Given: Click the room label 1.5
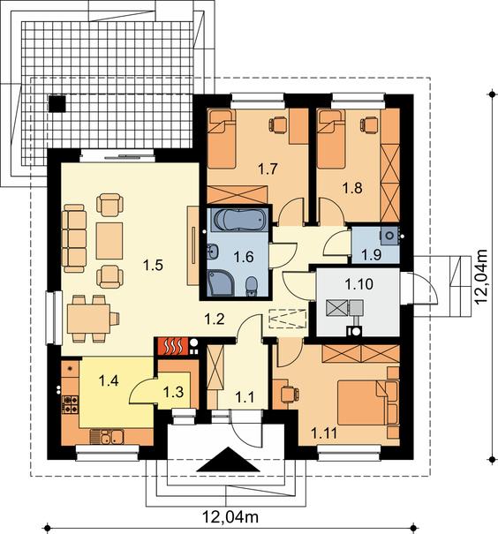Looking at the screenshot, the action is pyautogui.click(x=153, y=265).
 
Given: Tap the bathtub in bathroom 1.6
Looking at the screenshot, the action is pyautogui.click(x=239, y=221).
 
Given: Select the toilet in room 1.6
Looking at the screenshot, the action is pyautogui.click(x=252, y=285).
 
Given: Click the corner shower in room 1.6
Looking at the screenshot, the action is pyautogui.click(x=221, y=282).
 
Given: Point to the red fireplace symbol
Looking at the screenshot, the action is pyautogui.click(x=172, y=346).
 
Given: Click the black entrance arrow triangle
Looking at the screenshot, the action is pyautogui.click(x=228, y=460).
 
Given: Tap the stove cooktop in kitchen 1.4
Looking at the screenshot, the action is pyautogui.click(x=70, y=404).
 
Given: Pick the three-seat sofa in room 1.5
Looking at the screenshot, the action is pyautogui.click(x=74, y=238).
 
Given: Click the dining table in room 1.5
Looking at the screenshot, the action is pyautogui.click(x=88, y=319).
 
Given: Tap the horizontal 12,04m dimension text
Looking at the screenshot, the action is pyautogui.click(x=231, y=517).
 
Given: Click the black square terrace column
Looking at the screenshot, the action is pyautogui.click(x=57, y=103).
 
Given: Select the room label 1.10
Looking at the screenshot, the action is pyautogui.click(x=358, y=283).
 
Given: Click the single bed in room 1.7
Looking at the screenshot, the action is pyautogui.click(x=222, y=139).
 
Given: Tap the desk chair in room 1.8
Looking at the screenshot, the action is pyautogui.click(x=368, y=124).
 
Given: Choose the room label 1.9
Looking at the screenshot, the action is pyautogui.click(x=371, y=254).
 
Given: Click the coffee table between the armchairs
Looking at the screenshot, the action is pyautogui.click(x=109, y=241).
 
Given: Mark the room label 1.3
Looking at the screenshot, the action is pyautogui.click(x=173, y=392).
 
